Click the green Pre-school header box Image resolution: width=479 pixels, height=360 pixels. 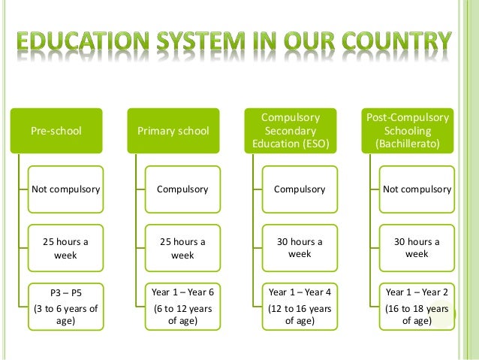point(56,131)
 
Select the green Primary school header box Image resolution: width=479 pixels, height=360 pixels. point(173,131)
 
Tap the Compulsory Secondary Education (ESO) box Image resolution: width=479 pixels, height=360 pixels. point(291,131)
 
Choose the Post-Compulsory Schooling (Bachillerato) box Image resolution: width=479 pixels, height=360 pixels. point(408,131)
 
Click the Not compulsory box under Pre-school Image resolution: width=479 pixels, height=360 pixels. point(65,189)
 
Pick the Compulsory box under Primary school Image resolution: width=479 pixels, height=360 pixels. point(182,189)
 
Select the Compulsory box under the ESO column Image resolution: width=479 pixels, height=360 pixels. point(300,189)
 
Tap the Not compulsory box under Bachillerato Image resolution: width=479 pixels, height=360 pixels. point(417,189)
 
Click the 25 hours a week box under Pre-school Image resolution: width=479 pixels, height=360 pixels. point(65,248)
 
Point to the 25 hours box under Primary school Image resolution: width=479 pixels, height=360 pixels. point(182,248)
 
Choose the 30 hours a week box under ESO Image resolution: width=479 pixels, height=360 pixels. point(300,248)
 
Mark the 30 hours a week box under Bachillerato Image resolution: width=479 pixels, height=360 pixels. point(417,248)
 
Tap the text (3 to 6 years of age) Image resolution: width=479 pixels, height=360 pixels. point(65,313)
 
